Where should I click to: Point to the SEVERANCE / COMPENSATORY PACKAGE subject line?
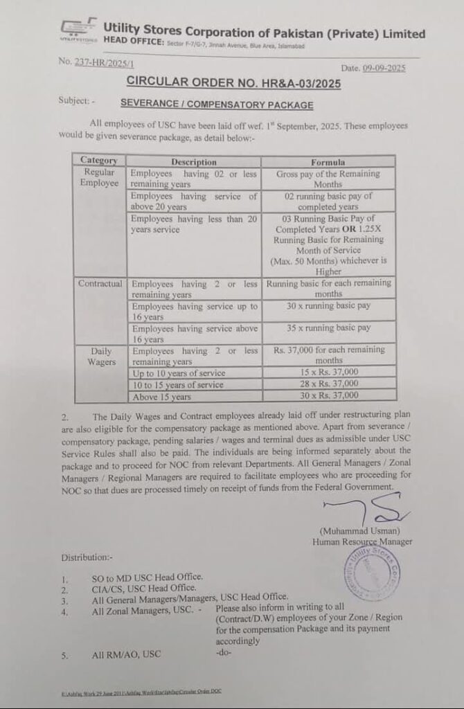coord(217,105)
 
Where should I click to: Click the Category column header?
coord(98,161)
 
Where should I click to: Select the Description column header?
coord(194,162)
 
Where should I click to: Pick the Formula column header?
coord(328,162)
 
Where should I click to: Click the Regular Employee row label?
coord(100,178)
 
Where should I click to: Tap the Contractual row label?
coord(100,284)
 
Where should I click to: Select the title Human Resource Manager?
coord(362,541)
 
